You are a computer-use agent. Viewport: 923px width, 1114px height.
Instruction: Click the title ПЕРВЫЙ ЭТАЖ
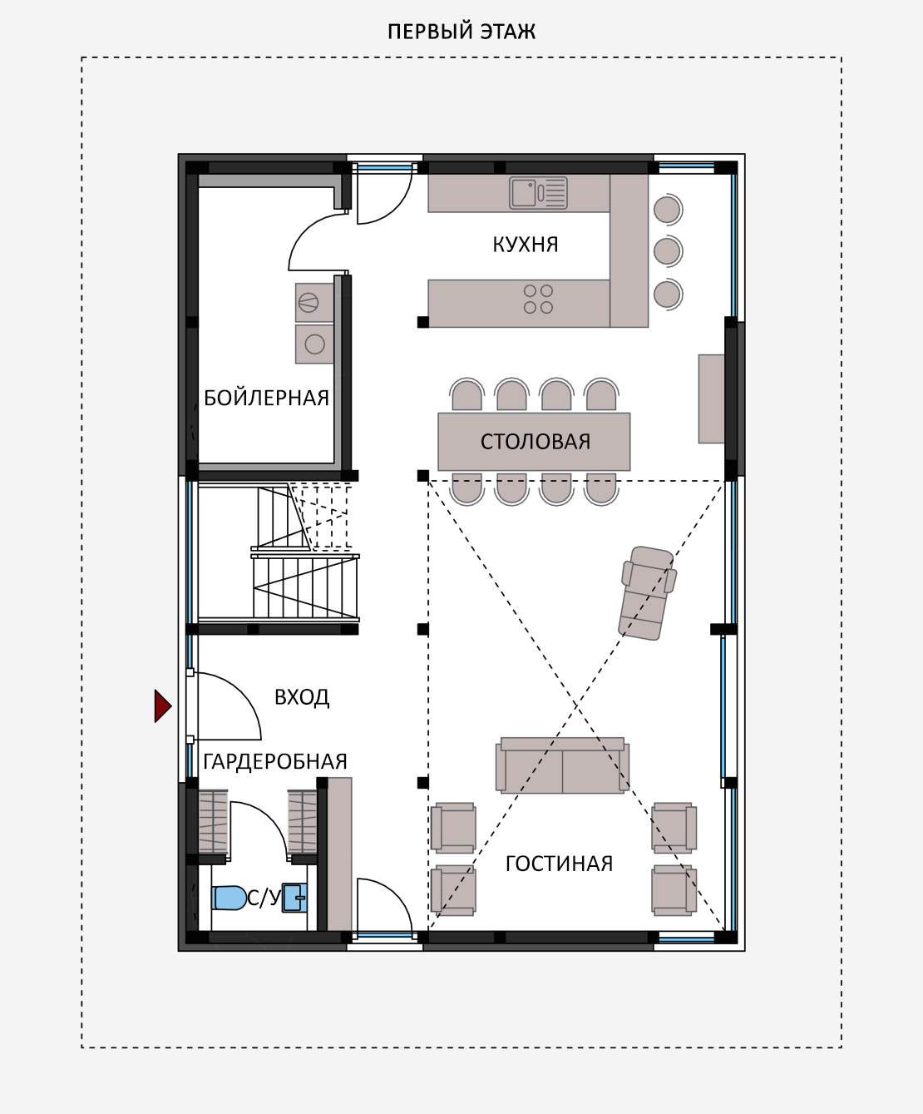[462, 32]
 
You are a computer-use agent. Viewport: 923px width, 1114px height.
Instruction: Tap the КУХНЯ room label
[526, 245]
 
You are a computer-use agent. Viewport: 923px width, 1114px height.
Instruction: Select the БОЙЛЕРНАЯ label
[266, 398]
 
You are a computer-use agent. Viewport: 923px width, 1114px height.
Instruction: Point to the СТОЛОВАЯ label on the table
[536, 442]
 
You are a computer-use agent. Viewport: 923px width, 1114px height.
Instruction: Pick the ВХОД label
[302, 697]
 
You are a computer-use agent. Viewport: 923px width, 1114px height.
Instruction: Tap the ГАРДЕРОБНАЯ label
[275, 761]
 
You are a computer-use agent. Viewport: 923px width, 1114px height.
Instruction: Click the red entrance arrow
[163, 706]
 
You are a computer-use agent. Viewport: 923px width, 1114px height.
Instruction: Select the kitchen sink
[538, 193]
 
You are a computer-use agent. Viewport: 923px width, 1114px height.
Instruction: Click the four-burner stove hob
[538, 299]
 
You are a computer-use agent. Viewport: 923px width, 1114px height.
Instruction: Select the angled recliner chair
[647, 592]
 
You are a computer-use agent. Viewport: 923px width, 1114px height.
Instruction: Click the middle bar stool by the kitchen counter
[668, 250]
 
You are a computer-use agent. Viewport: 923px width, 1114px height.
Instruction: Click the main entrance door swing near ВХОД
[228, 706]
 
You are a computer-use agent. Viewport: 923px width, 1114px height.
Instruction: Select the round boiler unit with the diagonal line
[308, 303]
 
